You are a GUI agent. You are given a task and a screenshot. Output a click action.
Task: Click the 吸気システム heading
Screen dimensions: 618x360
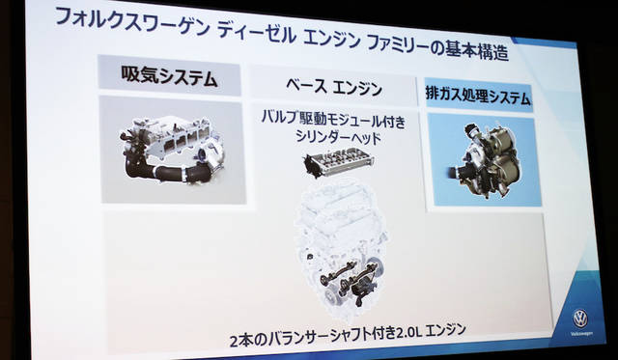point(170,76)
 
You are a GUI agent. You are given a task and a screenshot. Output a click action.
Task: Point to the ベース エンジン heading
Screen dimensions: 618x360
point(334,87)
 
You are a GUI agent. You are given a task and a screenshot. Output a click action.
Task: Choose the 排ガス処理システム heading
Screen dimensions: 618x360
point(478,96)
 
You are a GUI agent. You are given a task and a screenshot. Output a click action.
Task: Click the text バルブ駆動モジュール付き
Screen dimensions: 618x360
point(333,120)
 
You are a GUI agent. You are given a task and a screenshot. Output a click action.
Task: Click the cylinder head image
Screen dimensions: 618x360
point(338,161)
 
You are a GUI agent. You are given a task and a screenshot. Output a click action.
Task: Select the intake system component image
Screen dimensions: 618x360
point(171,150)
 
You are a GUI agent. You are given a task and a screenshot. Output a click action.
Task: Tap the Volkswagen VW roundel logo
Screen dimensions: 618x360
point(580,318)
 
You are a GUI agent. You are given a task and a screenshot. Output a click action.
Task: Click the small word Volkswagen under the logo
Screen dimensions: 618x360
point(581,334)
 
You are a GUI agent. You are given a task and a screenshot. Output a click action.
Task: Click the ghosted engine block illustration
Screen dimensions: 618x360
point(341,244)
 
